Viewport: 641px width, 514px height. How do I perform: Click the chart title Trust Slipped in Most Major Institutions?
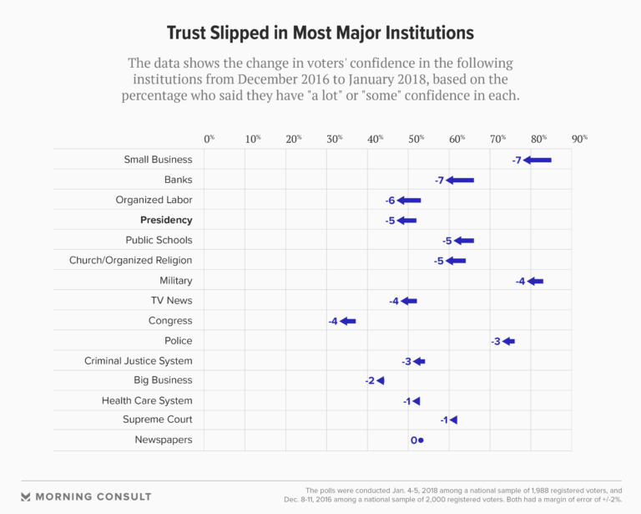[x=320, y=33]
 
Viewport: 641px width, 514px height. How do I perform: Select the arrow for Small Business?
[x=538, y=160]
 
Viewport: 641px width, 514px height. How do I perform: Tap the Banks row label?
[x=178, y=180]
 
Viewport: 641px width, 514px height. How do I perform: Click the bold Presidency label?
[x=166, y=220]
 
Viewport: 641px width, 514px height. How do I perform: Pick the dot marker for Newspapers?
[x=421, y=440]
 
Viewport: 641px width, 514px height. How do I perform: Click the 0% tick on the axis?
[x=209, y=138]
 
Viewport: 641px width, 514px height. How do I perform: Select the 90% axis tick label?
[x=579, y=138]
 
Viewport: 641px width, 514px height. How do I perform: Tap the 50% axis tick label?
[x=416, y=138]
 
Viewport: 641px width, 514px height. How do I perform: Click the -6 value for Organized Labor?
[x=390, y=201]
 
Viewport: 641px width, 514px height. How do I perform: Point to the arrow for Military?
[x=535, y=281]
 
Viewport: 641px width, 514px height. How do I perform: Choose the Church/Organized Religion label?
[x=130, y=260]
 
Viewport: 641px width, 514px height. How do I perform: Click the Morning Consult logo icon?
[x=26, y=496]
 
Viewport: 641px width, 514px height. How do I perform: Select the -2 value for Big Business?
[x=370, y=381]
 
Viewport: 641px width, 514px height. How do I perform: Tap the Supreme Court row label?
[x=157, y=419]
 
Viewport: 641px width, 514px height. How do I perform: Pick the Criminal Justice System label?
[x=138, y=361]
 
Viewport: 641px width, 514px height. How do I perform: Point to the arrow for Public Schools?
[x=463, y=241]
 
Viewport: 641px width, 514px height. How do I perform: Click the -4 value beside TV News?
[x=394, y=301]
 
